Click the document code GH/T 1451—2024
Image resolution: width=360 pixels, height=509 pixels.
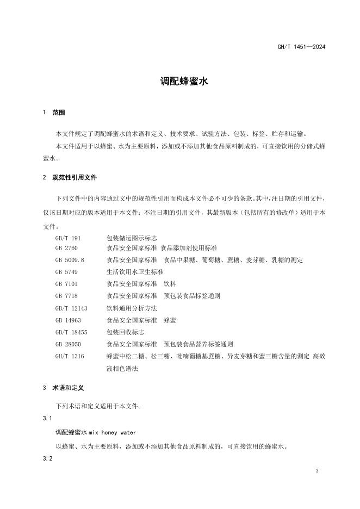pyautogui.click(x=301, y=47)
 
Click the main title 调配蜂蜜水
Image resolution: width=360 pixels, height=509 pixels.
pyautogui.click(x=179, y=82)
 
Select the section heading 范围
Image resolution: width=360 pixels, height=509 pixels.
pyautogui.click(x=58, y=113)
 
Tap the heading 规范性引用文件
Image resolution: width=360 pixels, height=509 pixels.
pyautogui.click(x=75, y=177)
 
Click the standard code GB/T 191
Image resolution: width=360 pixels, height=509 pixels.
pyautogui.click(x=68, y=239)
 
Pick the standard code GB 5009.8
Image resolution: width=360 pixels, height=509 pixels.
pyautogui.click(x=70, y=260)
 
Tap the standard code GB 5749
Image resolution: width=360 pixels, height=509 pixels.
pyautogui.click(x=66, y=271)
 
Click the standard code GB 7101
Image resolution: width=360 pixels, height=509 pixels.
pyautogui.click(x=66, y=283)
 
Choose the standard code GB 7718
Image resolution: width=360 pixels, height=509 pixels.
pyautogui.click(x=66, y=296)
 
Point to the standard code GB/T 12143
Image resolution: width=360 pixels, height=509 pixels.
pyautogui.click(x=71, y=308)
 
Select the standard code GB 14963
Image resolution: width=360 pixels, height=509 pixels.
pyautogui.click(x=68, y=320)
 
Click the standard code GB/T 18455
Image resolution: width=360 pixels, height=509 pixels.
pyautogui.click(x=71, y=332)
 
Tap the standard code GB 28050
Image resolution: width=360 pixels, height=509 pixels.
pyautogui.click(x=68, y=344)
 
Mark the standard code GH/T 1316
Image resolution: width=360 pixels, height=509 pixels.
pyautogui.click(x=70, y=356)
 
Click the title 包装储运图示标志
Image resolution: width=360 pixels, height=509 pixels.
pyautogui.click(x=132, y=239)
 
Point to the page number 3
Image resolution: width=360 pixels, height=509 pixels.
pyautogui.click(x=316, y=470)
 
